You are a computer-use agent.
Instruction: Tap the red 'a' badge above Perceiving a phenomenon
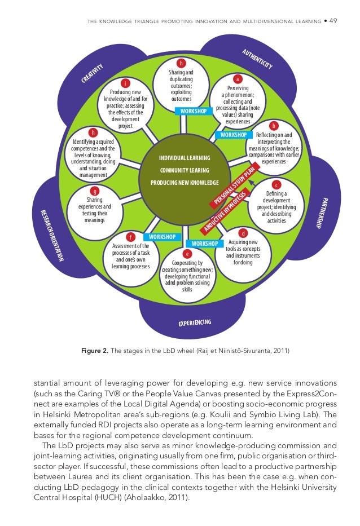238,79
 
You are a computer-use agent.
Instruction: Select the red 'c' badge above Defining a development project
276,184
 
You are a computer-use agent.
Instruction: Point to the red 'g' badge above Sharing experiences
95,191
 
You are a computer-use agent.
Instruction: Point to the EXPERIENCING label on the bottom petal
195,324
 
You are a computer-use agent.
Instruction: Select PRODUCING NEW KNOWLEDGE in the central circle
185,183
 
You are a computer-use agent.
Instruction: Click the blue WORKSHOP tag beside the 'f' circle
160,236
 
